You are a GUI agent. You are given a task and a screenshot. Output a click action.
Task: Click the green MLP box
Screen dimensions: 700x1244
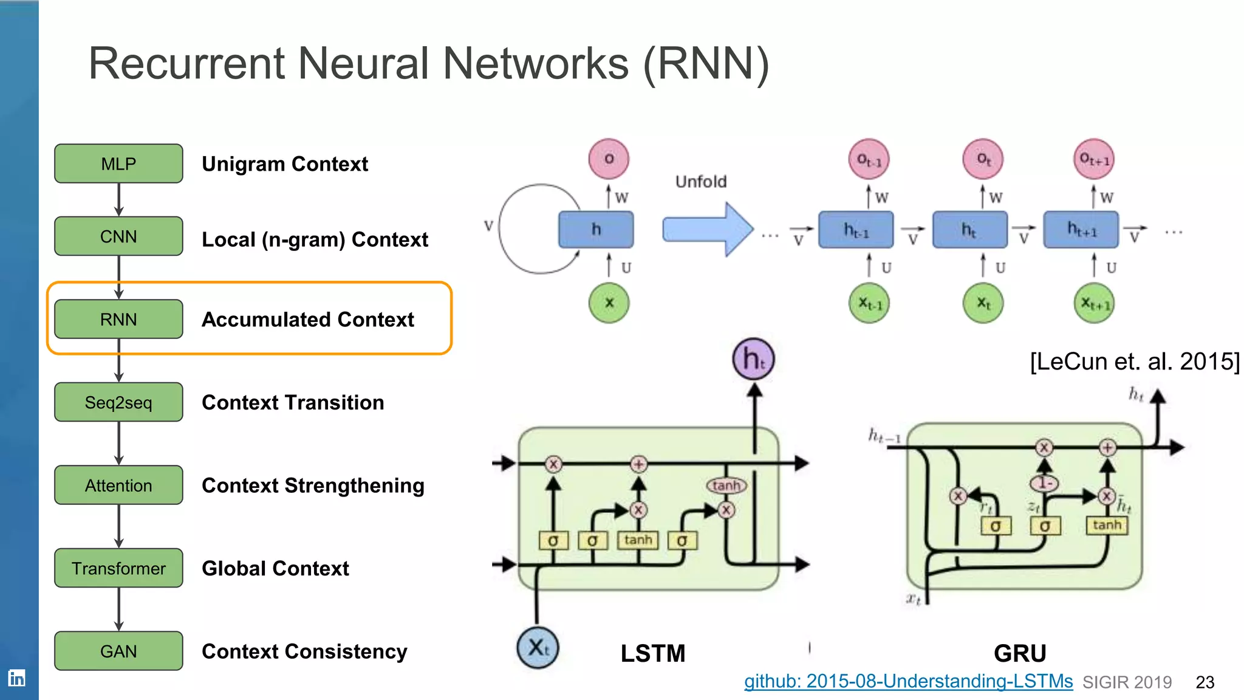pos(118,163)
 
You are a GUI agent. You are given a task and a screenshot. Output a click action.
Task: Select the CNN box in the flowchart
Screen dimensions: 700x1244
pos(118,236)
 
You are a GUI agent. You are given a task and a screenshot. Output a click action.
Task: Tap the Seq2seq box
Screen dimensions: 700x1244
pos(118,402)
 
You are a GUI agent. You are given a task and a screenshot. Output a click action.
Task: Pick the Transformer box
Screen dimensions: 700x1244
pos(118,568)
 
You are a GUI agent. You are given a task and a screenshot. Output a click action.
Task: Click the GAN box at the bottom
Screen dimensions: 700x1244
pos(118,651)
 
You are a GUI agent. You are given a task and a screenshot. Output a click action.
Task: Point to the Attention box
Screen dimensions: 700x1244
pos(118,486)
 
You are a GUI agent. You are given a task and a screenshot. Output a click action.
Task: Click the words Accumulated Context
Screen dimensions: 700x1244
pos(308,320)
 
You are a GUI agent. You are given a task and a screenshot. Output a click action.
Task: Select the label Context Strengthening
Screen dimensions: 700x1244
pos(313,486)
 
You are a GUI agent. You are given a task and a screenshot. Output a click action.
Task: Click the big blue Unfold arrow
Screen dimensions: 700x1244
pos(708,230)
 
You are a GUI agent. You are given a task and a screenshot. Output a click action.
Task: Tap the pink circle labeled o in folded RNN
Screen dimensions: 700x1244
pos(609,159)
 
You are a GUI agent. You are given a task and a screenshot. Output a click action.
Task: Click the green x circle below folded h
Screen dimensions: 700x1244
pos(609,303)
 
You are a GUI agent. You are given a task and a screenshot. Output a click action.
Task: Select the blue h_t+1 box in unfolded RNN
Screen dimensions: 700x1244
pos(1081,230)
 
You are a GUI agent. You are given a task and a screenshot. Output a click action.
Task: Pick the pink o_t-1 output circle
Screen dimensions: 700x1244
pos(869,160)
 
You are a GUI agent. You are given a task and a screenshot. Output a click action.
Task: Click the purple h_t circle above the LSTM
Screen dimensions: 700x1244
pos(753,359)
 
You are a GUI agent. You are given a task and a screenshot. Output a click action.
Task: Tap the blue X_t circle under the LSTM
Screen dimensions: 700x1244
pos(538,648)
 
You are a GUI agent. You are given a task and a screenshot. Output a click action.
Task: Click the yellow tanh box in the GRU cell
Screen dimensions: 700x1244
pos(1106,525)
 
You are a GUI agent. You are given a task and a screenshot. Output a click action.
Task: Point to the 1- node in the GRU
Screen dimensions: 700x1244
pos(1044,483)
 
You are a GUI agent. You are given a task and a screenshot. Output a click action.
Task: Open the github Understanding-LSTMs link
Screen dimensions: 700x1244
pos(908,681)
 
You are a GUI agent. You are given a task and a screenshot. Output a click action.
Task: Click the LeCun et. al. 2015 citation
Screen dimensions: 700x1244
pos(1134,362)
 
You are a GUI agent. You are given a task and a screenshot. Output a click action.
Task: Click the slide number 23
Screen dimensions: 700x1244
pos(1205,682)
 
